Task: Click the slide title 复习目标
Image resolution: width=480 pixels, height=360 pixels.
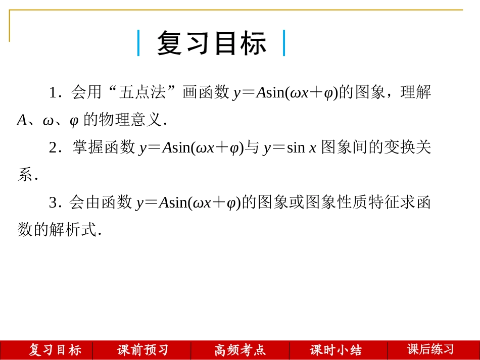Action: point(211,43)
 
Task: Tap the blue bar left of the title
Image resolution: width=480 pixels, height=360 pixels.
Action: point(138,43)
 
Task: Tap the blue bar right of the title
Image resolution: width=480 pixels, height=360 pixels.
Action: point(284,43)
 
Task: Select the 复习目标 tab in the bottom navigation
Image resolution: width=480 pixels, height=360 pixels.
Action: point(55,350)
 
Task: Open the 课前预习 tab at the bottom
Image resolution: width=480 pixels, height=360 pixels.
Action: point(142,350)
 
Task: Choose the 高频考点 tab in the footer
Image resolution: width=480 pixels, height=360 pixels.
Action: point(239,350)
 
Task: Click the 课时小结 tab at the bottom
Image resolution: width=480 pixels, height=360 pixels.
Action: point(336,350)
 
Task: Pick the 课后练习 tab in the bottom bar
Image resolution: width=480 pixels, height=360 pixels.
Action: point(430,349)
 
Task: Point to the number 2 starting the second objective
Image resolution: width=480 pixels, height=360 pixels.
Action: point(53,147)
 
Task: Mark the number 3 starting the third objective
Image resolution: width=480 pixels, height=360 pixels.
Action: point(53,203)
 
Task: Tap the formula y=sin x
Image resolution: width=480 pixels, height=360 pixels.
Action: point(290,147)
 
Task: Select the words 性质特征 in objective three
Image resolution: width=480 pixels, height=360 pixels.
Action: point(369,202)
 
